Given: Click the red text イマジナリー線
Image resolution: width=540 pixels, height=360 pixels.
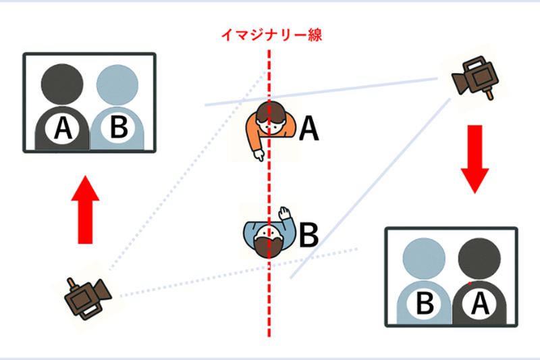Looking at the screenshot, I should (269, 35).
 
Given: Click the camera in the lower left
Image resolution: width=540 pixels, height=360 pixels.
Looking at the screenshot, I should (87, 296).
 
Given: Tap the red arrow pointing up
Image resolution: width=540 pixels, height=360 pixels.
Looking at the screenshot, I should (85, 209).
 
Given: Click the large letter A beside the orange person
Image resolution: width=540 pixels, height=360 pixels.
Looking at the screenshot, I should (308, 128).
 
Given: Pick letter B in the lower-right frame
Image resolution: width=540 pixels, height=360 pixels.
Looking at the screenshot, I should (425, 304).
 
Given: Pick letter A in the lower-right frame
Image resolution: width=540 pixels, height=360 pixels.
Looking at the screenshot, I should (480, 304).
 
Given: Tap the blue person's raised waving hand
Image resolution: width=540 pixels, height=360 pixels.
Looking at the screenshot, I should (286, 215).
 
